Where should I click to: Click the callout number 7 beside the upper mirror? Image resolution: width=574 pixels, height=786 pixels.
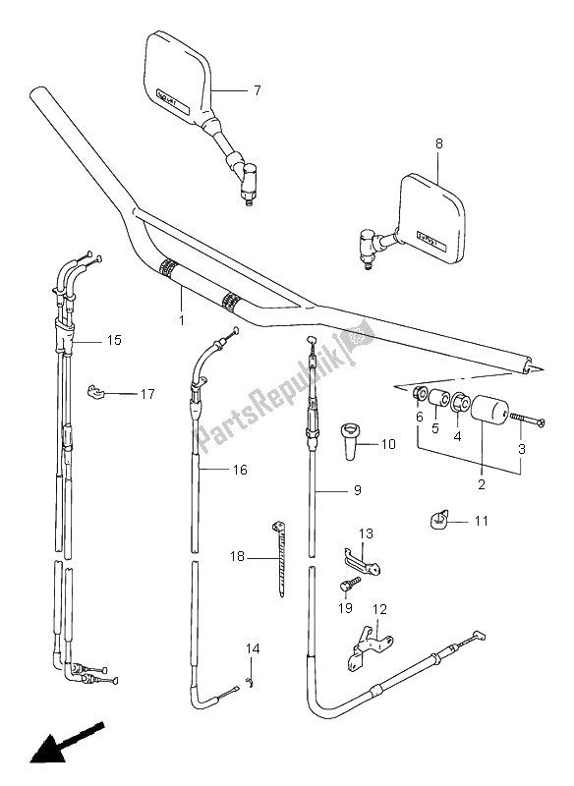pyautogui.click(x=257, y=90)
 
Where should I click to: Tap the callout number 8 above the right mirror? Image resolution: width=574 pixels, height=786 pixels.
pyautogui.click(x=439, y=143)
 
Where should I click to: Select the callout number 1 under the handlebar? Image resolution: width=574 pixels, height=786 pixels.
pyautogui.click(x=181, y=319)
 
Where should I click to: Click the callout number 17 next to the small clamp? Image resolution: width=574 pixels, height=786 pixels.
pyautogui.click(x=146, y=395)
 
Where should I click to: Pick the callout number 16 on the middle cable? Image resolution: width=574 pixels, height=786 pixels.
pyautogui.click(x=238, y=471)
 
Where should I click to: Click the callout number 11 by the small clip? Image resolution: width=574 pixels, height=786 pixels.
pyautogui.click(x=481, y=521)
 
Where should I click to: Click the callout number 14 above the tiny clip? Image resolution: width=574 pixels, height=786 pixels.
pyautogui.click(x=254, y=648)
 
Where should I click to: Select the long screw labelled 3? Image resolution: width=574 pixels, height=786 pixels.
pyautogui.click(x=529, y=420)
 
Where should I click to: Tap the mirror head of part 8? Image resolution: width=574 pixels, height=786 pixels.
pyautogui.click(x=444, y=222)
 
